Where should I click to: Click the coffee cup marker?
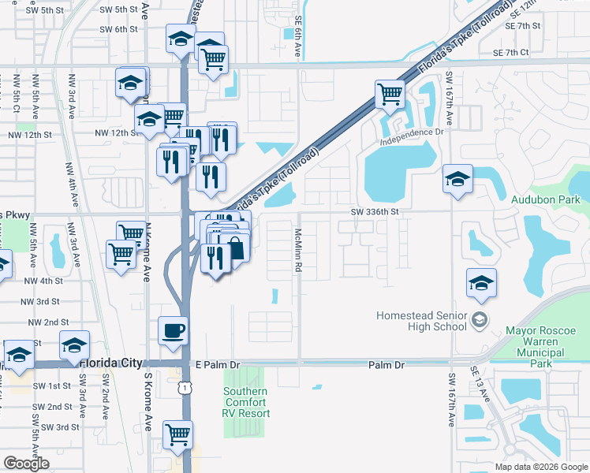point(173,331)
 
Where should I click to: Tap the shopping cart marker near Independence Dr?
point(390,95)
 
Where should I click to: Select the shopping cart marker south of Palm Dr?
point(178,434)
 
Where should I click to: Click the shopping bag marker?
point(235,248)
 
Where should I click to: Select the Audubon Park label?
point(551,200)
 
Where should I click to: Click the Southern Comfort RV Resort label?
point(246,402)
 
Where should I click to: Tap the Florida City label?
point(111,363)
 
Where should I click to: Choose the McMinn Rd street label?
point(299,251)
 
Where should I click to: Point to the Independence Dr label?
point(412,140)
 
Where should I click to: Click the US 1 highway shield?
point(184,388)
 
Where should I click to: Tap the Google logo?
point(26,464)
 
